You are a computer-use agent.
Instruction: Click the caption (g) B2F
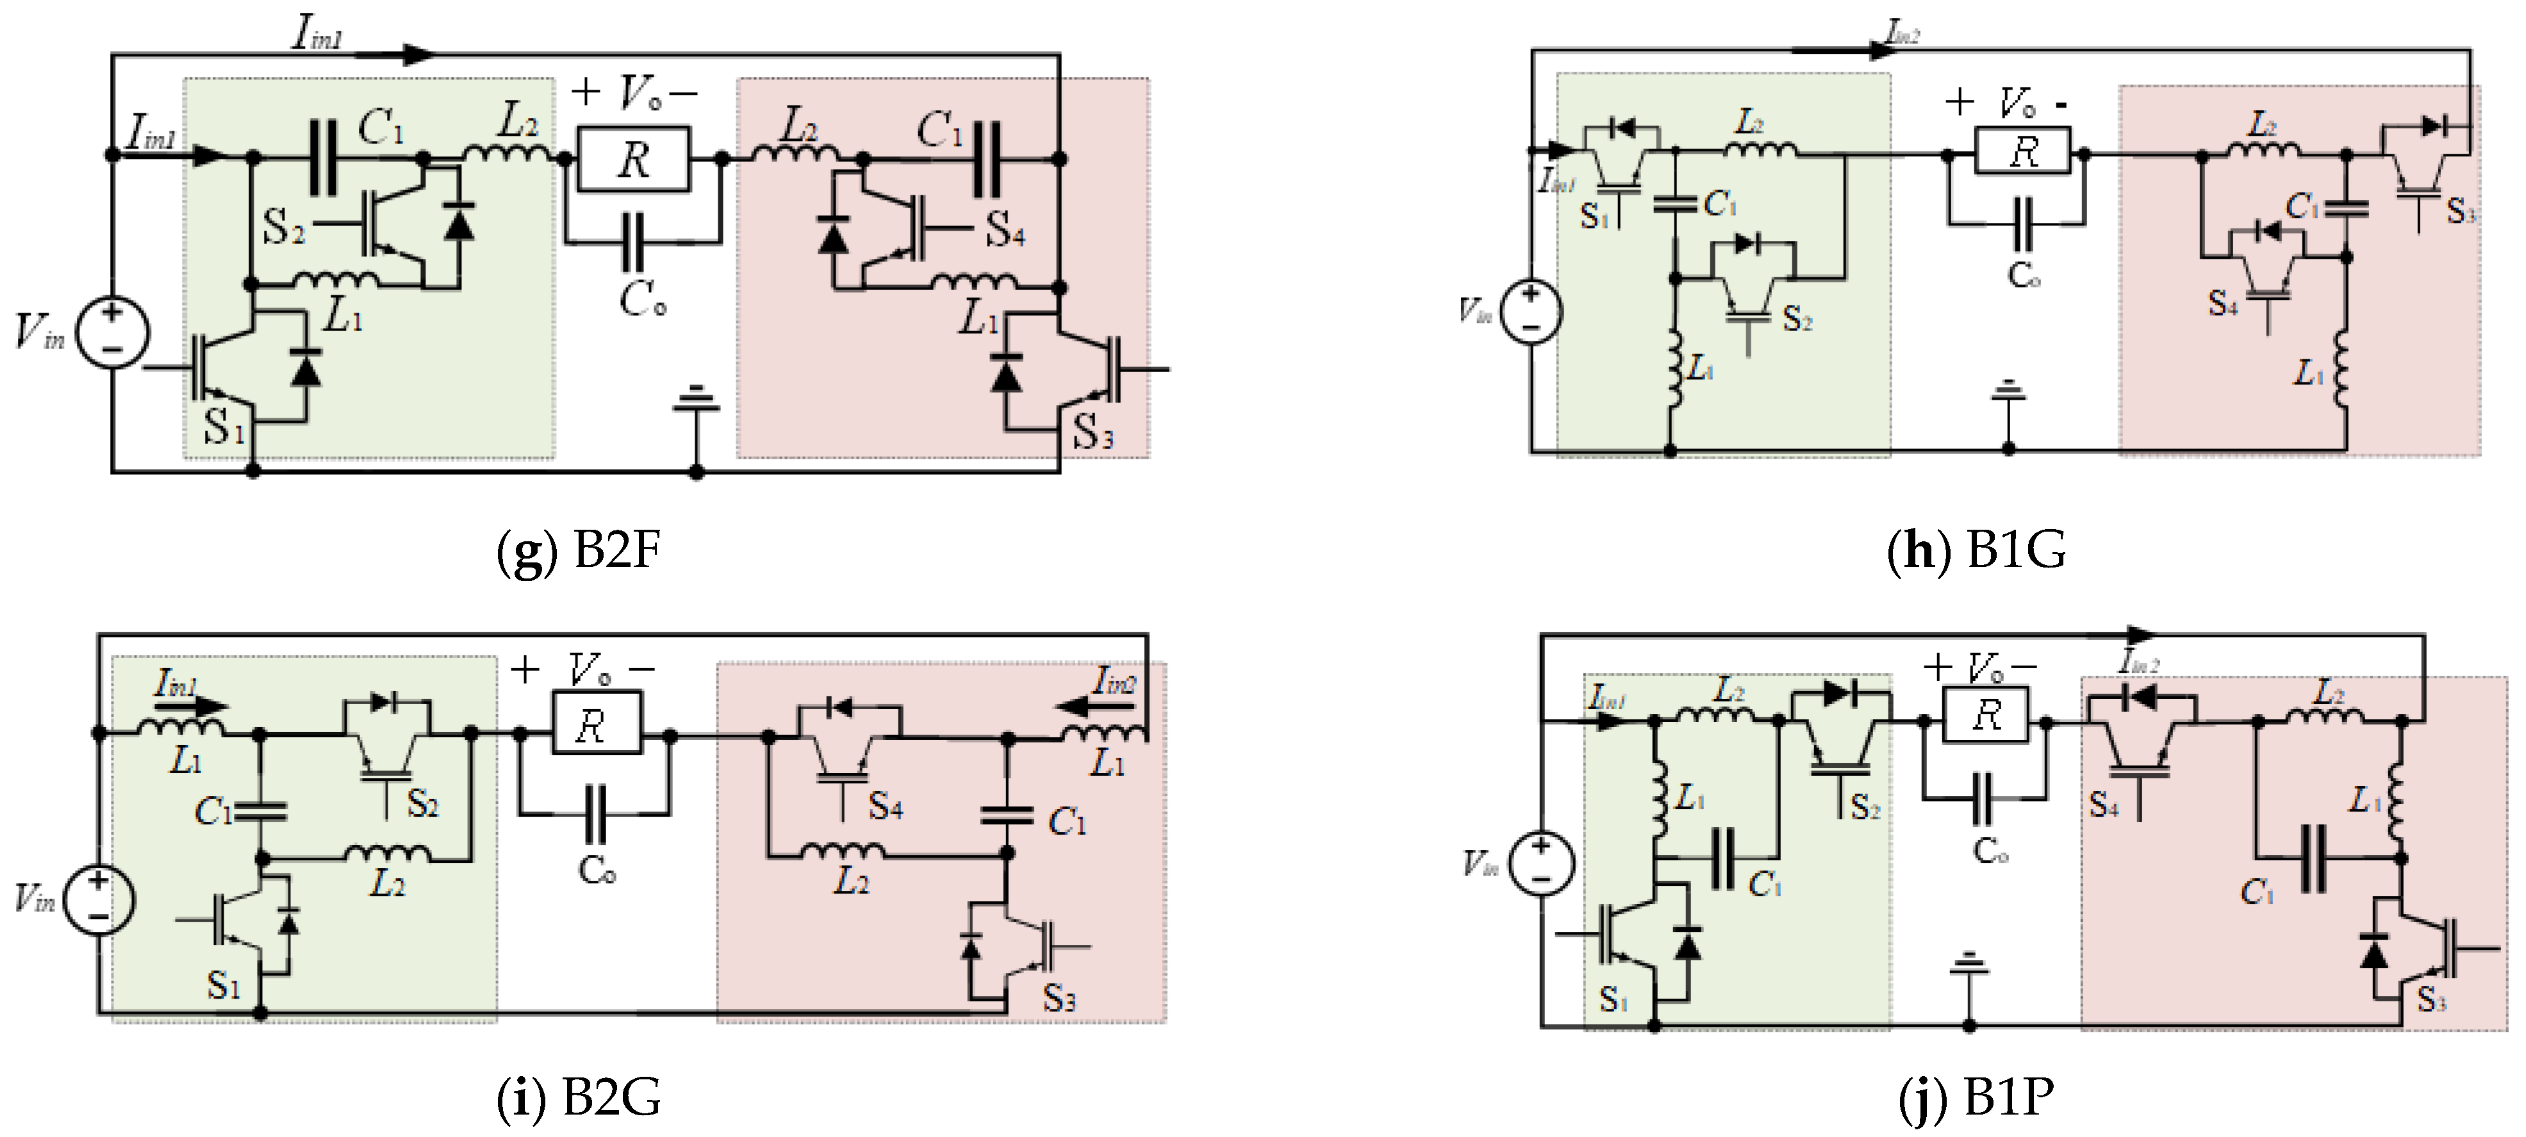tap(579, 551)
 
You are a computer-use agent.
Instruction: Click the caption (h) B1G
tap(1976, 551)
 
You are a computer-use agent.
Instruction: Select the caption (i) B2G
tap(579, 1098)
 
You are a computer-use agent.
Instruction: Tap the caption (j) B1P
tap(1976, 1098)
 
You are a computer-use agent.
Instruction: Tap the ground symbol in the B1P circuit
tap(1968, 965)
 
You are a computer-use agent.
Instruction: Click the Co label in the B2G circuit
tap(596, 871)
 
